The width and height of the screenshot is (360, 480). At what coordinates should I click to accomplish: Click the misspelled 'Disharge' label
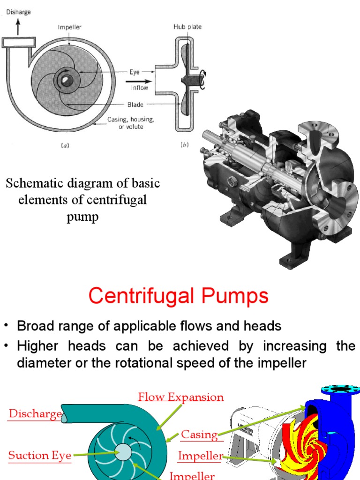coord(18,12)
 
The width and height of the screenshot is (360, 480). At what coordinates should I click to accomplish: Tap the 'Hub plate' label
coord(187,27)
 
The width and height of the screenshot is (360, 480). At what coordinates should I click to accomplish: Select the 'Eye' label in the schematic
coord(135,72)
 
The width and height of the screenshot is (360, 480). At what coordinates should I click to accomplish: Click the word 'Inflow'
coord(139,88)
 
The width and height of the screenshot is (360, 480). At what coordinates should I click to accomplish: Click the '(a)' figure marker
coord(65,145)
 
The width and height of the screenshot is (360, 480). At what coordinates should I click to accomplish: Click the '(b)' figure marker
coord(184,145)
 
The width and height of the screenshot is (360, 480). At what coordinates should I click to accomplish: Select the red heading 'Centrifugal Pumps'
coord(179,296)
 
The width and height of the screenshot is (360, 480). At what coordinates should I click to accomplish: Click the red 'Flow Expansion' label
coord(180,397)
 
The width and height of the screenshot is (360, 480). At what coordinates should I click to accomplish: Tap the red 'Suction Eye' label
coord(40,455)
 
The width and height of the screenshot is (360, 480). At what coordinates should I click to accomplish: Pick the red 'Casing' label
coord(199,435)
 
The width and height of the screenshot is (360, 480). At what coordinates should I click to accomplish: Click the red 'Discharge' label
coord(35,414)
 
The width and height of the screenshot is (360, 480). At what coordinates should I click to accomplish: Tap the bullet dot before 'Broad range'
coord(7,326)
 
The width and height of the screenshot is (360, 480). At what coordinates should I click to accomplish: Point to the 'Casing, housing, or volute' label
coord(131,123)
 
